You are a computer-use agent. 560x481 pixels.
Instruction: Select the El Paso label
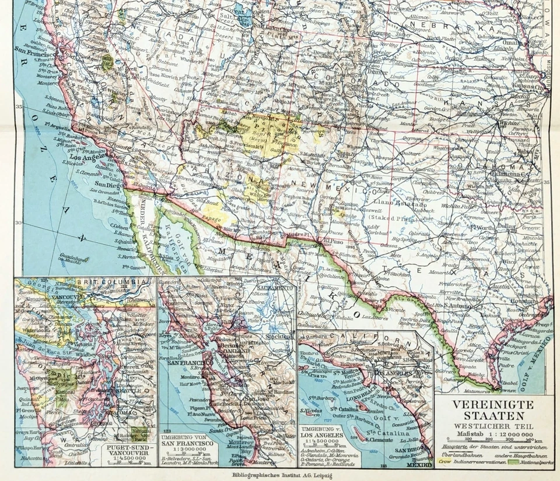(x=332, y=239)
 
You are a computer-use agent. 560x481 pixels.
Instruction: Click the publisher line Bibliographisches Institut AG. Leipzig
(x=279, y=475)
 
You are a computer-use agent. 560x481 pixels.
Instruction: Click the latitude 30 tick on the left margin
(x=18, y=222)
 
